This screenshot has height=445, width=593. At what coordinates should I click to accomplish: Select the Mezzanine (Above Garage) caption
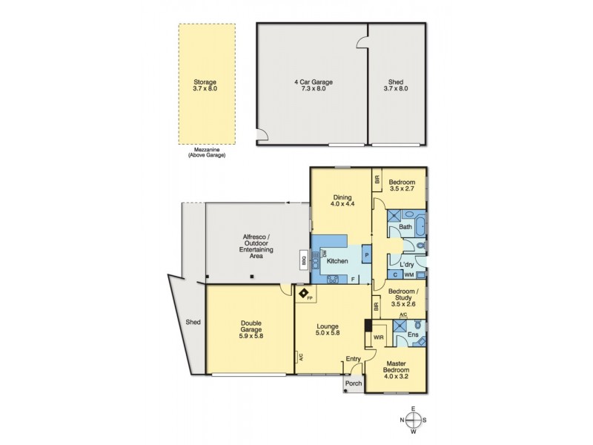click(205, 153)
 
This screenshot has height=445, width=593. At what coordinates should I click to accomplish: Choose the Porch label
click(354, 383)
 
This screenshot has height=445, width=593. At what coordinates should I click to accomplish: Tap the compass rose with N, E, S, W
click(414, 421)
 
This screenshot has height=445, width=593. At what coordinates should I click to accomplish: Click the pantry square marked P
click(366, 255)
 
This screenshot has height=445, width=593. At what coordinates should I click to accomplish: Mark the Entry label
click(352, 360)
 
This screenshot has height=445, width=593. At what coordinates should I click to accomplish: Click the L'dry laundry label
click(406, 265)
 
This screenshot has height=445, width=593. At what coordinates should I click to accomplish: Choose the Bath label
click(405, 227)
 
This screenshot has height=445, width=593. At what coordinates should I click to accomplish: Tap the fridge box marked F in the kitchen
click(354, 279)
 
